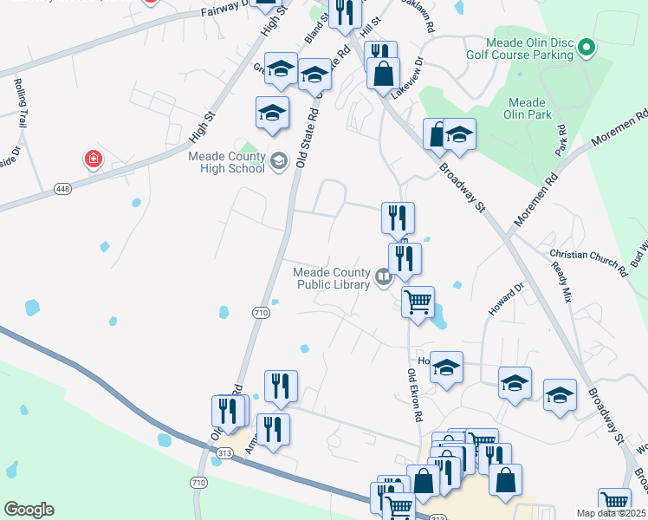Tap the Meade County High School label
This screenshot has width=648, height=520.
(227, 162)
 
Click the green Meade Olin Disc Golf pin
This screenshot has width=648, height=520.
(586, 47)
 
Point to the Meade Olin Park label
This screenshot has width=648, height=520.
(527, 108)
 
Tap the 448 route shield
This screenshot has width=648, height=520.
(62, 189)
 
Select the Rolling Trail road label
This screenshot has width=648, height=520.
(19, 103)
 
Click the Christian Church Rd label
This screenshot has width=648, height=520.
(588, 262)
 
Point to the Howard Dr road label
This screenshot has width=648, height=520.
(507, 299)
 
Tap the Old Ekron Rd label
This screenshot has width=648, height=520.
(414, 394)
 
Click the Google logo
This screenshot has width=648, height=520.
(29, 510)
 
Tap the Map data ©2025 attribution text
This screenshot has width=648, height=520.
(612, 513)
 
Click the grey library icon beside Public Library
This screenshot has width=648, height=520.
(383, 277)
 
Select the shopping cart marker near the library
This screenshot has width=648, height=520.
(418, 302)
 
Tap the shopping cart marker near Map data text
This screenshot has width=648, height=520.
(614, 502)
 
